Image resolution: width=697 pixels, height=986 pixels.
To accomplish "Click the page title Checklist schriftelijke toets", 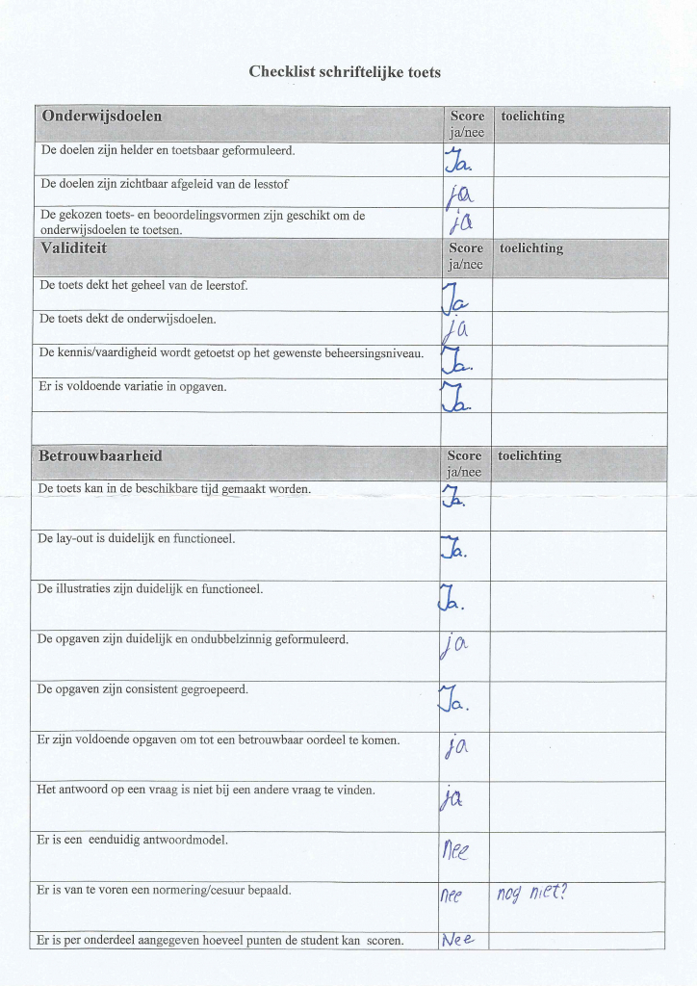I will [x=345, y=72].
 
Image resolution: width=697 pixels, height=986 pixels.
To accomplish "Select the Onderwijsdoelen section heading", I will [x=101, y=117].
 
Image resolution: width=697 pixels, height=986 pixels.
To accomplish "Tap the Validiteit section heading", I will [x=73, y=247].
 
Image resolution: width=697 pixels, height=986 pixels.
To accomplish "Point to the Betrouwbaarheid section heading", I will [x=100, y=455].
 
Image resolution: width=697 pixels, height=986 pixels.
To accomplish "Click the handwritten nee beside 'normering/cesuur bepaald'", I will [x=452, y=895].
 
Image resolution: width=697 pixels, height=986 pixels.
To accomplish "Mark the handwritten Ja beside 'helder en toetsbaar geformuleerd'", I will [x=454, y=162].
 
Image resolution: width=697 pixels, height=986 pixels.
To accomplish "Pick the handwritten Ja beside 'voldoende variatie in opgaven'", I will [x=453, y=397].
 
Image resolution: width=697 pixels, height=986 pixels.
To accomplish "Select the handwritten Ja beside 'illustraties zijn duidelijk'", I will [x=452, y=599].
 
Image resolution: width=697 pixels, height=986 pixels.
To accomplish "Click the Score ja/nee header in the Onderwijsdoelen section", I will [x=467, y=124].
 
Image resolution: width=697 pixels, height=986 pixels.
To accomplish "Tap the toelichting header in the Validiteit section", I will [x=532, y=248].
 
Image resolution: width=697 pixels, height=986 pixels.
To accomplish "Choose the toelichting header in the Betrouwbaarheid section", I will [x=529, y=455].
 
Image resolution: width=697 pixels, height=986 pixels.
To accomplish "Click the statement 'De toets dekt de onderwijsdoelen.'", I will [x=127, y=319].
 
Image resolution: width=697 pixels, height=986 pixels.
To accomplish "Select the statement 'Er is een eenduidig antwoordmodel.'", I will [x=133, y=840].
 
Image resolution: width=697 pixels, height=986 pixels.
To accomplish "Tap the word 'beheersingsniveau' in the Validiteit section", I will [x=373, y=353].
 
